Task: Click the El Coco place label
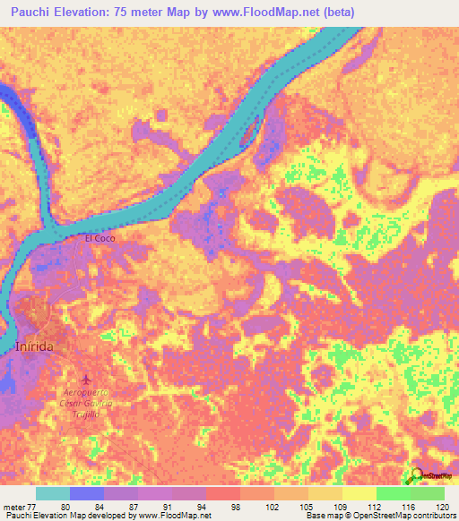pos(100,238)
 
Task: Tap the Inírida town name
pos(36,346)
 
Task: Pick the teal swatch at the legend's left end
pos(52,493)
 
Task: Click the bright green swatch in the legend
pos(393,493)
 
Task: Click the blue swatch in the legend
pos(86,493)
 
